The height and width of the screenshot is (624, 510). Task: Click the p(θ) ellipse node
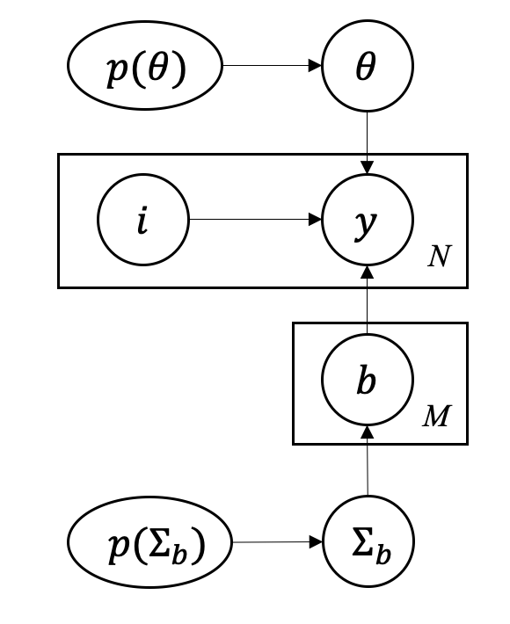tap(145, 68)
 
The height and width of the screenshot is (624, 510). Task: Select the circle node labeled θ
tap(367, 68)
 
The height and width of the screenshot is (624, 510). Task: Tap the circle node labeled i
tap(142, 219)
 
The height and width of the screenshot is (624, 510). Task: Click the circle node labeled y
tap(367, 219)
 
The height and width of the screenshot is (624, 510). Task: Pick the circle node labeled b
tap(367, 382)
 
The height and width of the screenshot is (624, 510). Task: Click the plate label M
tap(436, 416)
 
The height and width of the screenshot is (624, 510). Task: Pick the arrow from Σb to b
tap(367, 461)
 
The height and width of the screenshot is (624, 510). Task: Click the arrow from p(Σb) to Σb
tap(276, 542)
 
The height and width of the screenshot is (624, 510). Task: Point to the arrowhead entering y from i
tap(316, 219)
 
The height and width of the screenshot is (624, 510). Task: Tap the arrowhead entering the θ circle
tap(316, 67)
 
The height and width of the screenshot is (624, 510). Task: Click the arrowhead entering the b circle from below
tap(367, 433)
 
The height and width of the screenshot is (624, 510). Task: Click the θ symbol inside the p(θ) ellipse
tap(157, 69)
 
